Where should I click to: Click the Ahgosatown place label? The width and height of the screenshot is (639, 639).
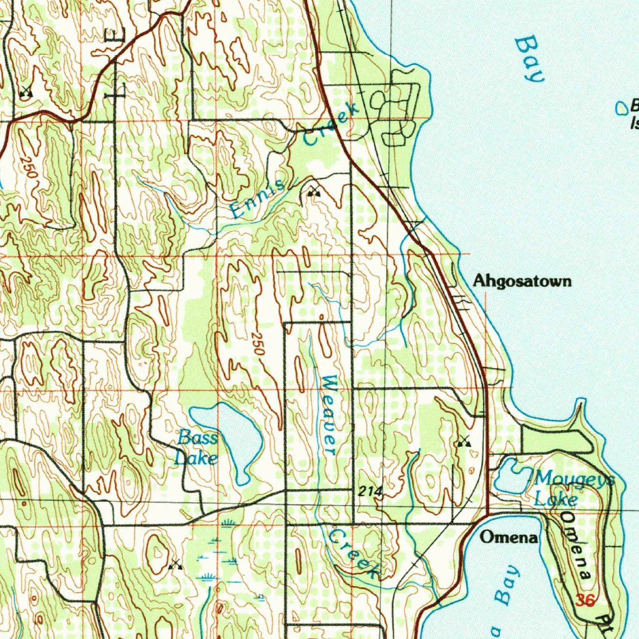pos(522,281)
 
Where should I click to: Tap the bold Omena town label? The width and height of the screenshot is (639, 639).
pos(509,537)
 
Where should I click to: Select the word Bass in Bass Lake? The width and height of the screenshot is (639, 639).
pos(197,437)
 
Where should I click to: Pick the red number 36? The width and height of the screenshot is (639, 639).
pos(585,600)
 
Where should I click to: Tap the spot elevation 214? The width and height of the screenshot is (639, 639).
pos(370,492)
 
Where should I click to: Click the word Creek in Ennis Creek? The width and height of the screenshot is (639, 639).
pos(332,124)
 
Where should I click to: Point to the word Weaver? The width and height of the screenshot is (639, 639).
pos(329,414)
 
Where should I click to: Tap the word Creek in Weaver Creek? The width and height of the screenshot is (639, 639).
pos(354,553)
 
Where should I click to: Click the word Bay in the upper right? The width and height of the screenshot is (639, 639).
pos(529,60)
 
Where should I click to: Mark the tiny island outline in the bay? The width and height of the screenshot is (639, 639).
pos(622,108)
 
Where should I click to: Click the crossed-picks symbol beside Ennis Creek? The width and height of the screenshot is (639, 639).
pos(313,193)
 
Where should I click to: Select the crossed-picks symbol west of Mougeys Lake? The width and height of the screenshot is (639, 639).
pos(462,441)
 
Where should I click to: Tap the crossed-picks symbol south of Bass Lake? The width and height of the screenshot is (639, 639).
pos(175,565)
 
